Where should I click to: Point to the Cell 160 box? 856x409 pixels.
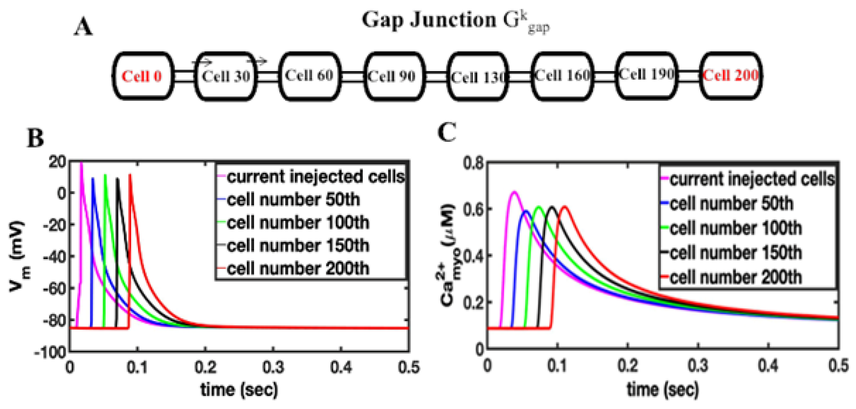(x=562, y=76)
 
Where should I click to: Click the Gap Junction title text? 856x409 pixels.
(x=455, y=21)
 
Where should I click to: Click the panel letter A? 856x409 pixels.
(x=83, y=27)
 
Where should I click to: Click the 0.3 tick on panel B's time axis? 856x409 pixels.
(x=273, y=367)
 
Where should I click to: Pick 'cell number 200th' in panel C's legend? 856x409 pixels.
(x=735, y=277)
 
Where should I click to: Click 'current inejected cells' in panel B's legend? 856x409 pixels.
(x=316, y=176)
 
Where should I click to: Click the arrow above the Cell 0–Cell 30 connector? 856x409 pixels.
(x=202, y=62)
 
